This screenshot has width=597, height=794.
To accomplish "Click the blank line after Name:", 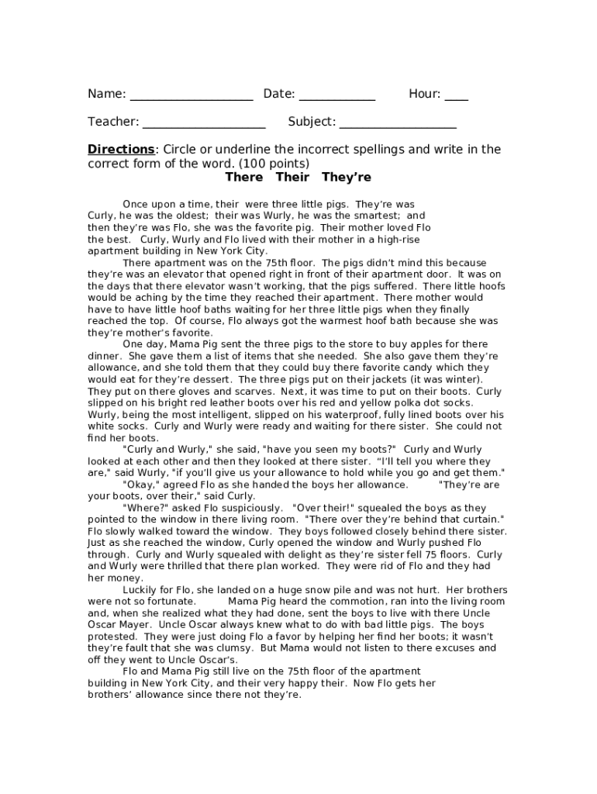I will (191, 98).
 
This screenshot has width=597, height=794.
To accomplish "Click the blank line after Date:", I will (336, 98).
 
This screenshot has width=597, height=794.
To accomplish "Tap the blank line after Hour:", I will (456, 98).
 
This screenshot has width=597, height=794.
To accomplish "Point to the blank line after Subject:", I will (397, 126).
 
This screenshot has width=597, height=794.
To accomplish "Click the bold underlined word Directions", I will (121, 150).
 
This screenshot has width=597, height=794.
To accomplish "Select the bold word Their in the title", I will (292, 178).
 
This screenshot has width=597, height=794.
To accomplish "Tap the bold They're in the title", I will (346, 178).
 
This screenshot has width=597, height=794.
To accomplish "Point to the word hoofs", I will (489, 286).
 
